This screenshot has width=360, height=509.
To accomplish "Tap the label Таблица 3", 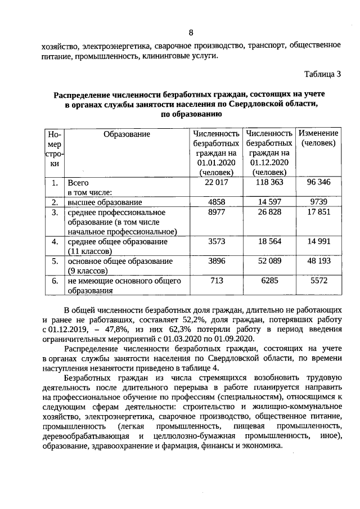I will pos(322,74).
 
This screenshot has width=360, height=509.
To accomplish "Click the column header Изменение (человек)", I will pos(318,138).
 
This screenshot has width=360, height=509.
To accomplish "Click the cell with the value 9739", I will pos(318,202).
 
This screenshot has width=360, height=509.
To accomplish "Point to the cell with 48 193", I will pos(318,261).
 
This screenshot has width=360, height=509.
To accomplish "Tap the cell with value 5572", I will pos(318,281).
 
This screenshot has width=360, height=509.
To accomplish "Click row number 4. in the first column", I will pos(55,241).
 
